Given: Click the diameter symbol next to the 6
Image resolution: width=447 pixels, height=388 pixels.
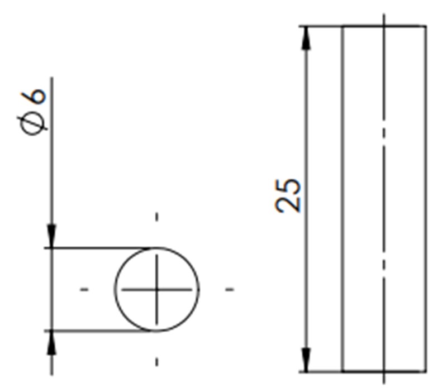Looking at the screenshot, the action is (x=34, y=125).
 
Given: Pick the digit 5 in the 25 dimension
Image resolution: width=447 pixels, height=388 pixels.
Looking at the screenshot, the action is (x=287, y=186).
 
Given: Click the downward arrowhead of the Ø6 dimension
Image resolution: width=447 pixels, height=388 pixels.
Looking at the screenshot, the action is (x=51, y=236).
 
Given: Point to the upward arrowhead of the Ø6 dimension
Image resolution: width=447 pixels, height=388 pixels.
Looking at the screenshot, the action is (x=51, y=343).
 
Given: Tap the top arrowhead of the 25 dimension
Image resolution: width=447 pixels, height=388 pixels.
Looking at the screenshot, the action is (x=306, y=38).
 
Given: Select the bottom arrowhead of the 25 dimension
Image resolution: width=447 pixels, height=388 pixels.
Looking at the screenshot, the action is (x=306, y=360).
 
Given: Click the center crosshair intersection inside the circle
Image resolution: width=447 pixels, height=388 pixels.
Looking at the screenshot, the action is (x=156, y=289).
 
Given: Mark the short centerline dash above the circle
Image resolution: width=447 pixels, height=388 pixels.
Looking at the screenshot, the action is (x=156, y=217).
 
